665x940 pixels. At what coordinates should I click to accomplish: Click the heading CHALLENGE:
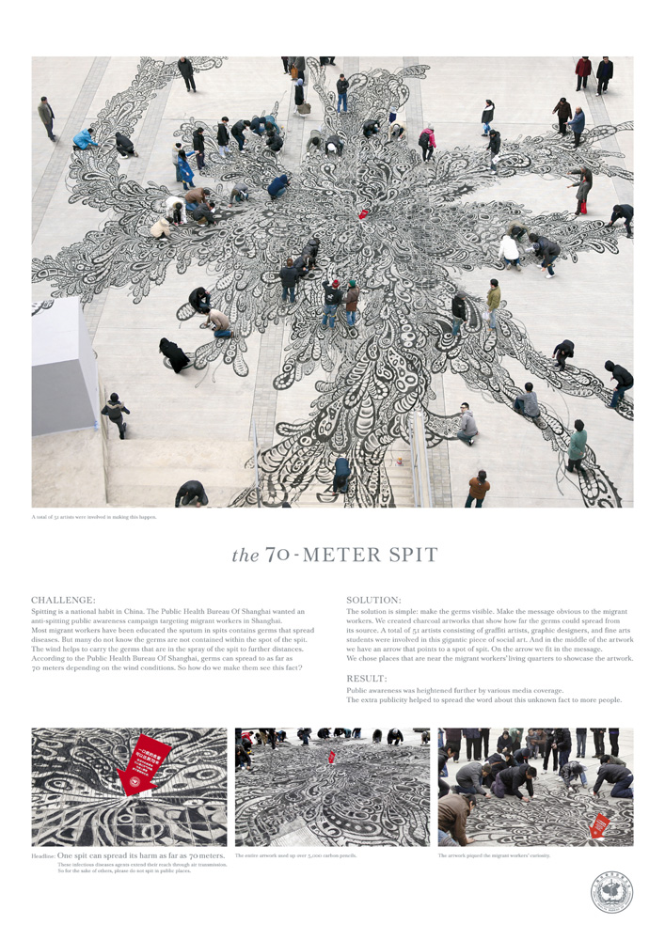pyautogui.click(x=63, y=599)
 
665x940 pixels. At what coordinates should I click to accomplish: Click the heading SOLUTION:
pyautogui.click(x=373, y=599)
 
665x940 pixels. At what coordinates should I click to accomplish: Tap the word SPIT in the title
pyautogui.click(x=410, y=555)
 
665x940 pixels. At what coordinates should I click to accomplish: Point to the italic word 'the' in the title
pyautogui.click(x=245, y=556)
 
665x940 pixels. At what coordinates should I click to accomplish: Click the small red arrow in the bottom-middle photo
pyautogui.click(x=331, y=757)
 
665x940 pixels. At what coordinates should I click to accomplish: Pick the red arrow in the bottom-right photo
pyautogui.click(x=598, y=825)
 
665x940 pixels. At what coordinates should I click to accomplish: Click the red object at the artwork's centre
pyautogui.click(x=363, y=214)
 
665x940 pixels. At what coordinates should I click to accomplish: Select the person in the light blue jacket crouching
pyautogui.click(x=86, y=139)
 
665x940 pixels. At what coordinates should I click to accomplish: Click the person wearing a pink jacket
pyautogui.click(x=428, y=139)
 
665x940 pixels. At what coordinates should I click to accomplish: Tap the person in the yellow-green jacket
pyautogui.click(x=493, y=298)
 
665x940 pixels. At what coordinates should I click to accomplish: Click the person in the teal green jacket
pyautogui.click(x=577, y=444)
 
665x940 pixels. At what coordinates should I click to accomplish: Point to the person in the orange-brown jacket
pyautogui.click(x=478, y=488)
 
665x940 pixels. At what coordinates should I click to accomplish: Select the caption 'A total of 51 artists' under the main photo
pyautogui.click(x=94, y=516)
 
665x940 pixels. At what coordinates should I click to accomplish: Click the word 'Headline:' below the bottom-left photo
pyautogui.click(x=43, y=856)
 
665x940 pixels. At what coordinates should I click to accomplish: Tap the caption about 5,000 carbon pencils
pyautogui.click(x=300, y=855)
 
